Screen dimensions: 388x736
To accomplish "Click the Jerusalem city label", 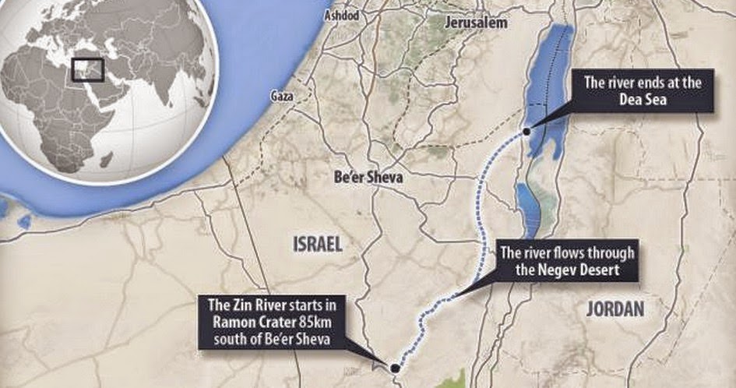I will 475,23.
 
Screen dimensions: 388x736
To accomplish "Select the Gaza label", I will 281,96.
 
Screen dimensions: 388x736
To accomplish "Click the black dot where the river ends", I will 527,132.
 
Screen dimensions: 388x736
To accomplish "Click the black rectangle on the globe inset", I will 86,69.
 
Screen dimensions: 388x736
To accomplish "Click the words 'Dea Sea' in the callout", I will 640,101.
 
